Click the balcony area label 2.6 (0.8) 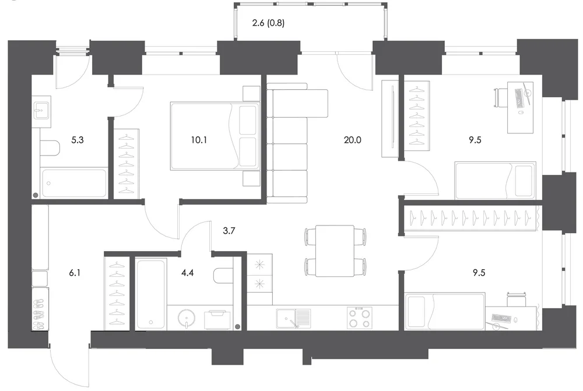268,23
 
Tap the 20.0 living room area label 353,140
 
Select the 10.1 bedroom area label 199,140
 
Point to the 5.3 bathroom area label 78,140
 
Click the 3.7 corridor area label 229,231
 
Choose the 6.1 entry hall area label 75,273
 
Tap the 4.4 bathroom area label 187,273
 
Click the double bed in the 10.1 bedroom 215,136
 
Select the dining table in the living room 335,251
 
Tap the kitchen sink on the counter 293,319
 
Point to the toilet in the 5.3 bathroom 50,149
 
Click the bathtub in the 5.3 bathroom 74,183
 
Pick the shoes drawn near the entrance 39,315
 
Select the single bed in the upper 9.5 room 496,181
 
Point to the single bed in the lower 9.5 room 445,311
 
